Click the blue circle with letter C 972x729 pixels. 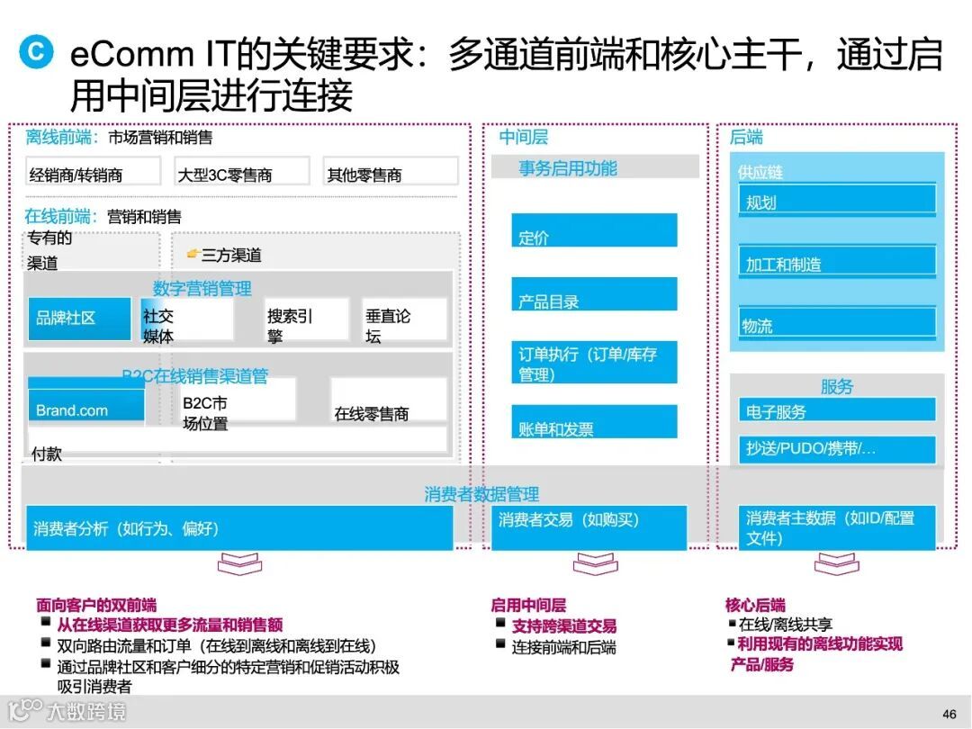tap(35, 50)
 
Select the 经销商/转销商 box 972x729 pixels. tap(94, 172)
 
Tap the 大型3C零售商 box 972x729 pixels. tap(241, 172)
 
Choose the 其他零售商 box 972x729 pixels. tap(390, 172)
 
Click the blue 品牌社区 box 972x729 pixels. tap(79, 319)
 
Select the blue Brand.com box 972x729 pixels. tap(85, 406)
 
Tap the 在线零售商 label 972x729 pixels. tap(372, 414)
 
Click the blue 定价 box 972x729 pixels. tap(594, 230)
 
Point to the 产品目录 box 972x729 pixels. tap(594, 294)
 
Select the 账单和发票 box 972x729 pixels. tap(594, 422)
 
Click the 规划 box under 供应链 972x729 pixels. tap(837, 200)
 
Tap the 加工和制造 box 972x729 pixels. tap(837, 261)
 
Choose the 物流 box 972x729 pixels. tap(837, 322)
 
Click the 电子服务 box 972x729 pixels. tap(837, 410)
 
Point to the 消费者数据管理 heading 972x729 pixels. tap(481, 494)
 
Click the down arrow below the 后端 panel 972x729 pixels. tap(836, 564)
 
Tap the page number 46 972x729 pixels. tap(949, 714)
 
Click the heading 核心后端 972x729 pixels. tap(755, 605)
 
